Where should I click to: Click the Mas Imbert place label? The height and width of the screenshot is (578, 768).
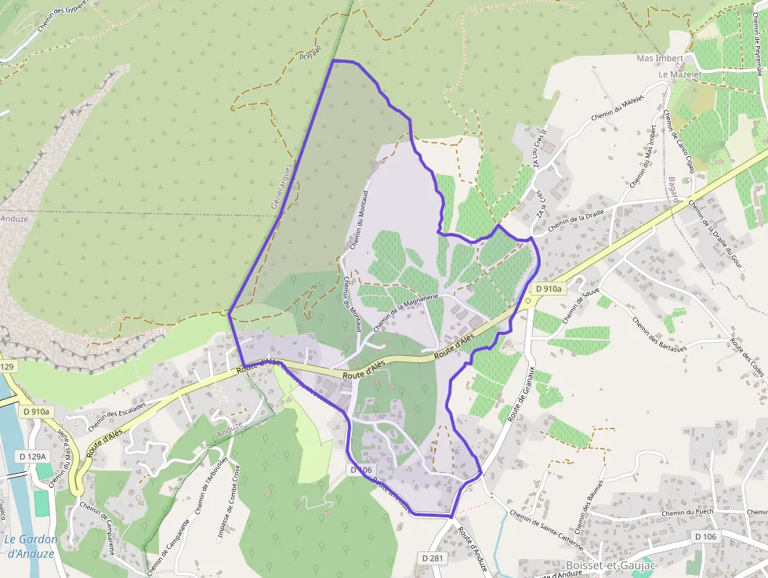coord(660,59)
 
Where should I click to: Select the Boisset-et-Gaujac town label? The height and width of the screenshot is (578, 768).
coord(610,565)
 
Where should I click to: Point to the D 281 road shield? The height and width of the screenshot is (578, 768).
coord(433,558)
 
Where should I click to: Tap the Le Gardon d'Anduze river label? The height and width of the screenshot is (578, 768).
coord(31,546)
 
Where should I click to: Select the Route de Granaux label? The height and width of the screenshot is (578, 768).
coord(521,394)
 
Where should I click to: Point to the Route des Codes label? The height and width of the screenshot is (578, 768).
coord(746,357)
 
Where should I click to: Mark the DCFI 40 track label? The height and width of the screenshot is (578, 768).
coord(310,53)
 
